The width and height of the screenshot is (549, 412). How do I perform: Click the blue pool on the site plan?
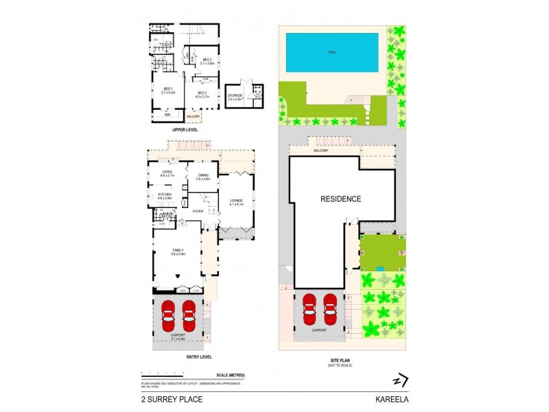[332, 53]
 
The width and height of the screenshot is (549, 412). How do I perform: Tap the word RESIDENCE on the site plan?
[341, 199]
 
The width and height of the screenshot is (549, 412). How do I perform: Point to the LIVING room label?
[167, 173]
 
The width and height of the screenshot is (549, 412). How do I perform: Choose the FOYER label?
[198, 211]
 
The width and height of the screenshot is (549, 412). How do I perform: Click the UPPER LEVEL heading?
[185, 129]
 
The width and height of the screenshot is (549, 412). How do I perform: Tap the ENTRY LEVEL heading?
[198, 356]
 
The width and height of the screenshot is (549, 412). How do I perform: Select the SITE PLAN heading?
[341, 360]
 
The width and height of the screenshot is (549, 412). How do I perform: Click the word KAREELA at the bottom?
[388, 398]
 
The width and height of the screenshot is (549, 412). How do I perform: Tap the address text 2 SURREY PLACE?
[164, 398]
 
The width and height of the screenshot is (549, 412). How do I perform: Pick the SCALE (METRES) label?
[230, 374]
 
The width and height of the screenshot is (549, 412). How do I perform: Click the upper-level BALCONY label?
[194, 116]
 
